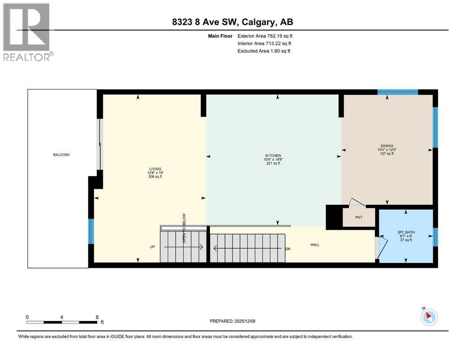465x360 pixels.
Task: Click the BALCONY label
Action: pyautogui.click(x=61, y=155)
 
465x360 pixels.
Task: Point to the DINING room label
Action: pyautogui.click(x=387, y=146)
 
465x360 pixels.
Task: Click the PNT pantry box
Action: pyautogui.click(x=359, y=217)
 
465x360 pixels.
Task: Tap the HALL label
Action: pyautogui.click(x=315, y=245)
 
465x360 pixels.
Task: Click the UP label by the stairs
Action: pyautogui.click(x=152, y=247)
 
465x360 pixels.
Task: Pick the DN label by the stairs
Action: pyautogui.click(x=288, y=249)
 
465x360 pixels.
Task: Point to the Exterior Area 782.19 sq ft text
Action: pyautogui.click(x=265, y=36)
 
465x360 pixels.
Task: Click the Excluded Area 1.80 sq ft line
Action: pyautogui.click(x=264, y=51)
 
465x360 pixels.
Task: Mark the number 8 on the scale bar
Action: pyautogui.click(x=96, y=317)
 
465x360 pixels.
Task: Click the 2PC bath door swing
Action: pyautogui.click(x=382, y=245)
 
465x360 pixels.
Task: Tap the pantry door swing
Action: pyautogui.click(x=356, y=202)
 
